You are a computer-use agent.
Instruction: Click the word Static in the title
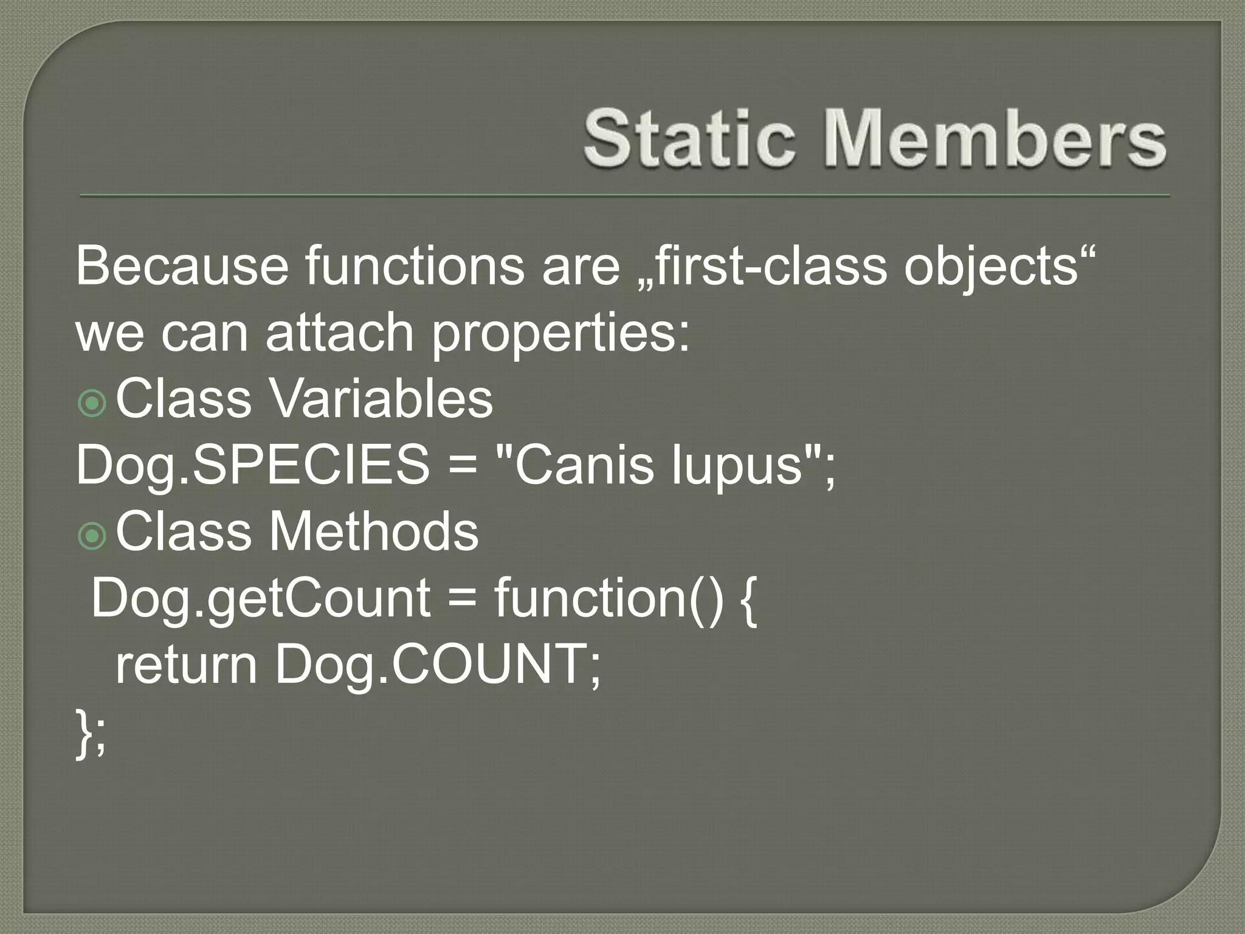(689, 139)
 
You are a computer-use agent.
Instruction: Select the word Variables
(381, 399)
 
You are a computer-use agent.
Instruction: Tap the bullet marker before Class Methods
(92, 536)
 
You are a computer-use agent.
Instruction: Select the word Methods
(373, 531)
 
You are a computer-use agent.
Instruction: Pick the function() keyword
(609, 598)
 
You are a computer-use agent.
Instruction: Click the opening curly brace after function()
(750, 600)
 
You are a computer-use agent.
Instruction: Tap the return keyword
(186, 665)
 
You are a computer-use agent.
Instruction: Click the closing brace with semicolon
(91, 733)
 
